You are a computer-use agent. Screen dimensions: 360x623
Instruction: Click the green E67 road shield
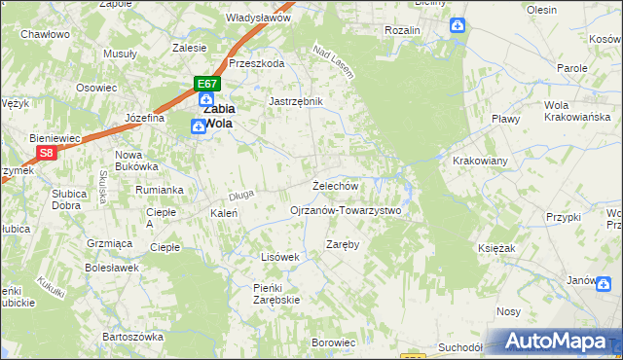[205, 84]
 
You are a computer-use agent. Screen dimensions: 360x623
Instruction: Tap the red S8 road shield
[46, 153]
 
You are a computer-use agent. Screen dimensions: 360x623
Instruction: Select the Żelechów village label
[336, 185]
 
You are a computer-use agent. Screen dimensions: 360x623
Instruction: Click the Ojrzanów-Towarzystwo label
[346, 210]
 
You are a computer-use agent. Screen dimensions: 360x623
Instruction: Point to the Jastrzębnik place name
[295, 100]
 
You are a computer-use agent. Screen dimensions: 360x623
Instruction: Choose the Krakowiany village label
[481, 160]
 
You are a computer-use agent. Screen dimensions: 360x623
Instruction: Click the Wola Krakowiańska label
[569, 111]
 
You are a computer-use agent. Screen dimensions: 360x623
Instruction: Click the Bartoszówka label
[134, 337]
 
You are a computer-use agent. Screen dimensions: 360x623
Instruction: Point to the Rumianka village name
[160, 190]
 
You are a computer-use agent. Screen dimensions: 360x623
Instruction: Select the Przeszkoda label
[256, 63]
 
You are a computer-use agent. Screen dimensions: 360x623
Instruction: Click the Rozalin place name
[402, 30]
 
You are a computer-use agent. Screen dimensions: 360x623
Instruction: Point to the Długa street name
[241, 195]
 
